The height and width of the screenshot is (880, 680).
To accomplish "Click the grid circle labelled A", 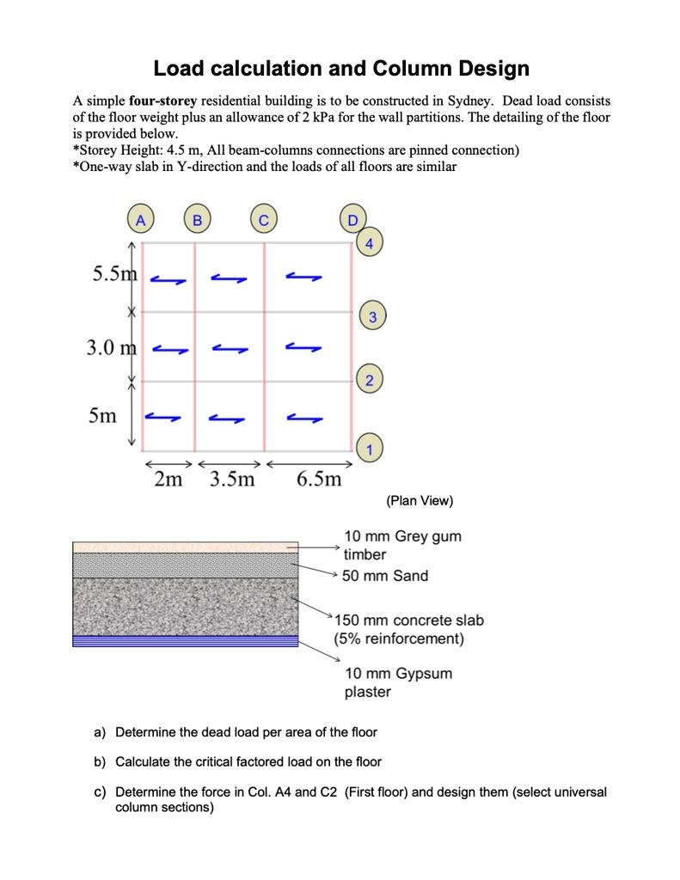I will tap(142, 220).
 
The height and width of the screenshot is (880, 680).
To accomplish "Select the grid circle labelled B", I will tap(197, 220).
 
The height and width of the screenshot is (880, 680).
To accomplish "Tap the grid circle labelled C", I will tap(264, 220).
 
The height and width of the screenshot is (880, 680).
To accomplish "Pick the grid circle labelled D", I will tap(352, 220).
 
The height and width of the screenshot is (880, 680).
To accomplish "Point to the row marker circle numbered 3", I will tap(371, 317).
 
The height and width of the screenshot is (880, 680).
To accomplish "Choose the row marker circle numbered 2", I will tap(369, 380).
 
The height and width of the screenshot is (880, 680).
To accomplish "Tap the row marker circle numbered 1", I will tap(369, 449).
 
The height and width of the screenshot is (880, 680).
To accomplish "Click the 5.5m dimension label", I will tap(115, 274).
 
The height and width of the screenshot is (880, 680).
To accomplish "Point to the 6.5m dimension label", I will tap(319, 479).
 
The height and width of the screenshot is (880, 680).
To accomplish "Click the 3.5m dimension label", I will tap(232, 479).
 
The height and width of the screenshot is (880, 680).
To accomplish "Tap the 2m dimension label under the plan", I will tap(168, 479).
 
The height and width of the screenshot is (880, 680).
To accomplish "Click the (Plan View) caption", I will tap(420, 501).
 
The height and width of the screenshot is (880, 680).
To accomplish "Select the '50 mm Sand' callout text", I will tap(385, 576).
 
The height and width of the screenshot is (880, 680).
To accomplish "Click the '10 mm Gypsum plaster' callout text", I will tap(398, 682).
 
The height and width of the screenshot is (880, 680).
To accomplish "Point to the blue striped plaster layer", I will tap(185, 640).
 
